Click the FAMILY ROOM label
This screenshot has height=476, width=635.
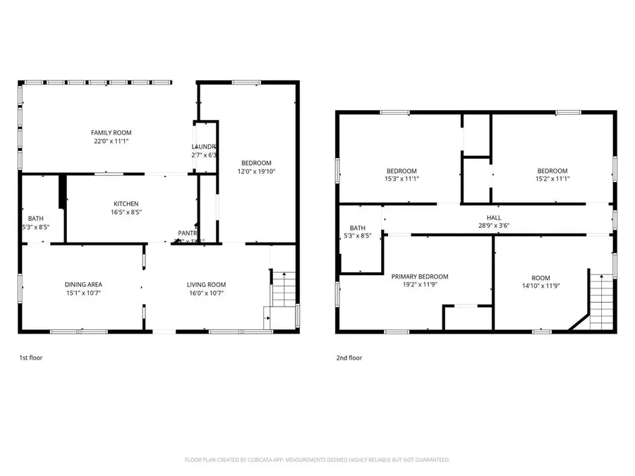(x=111, y=133)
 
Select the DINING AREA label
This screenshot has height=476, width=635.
(x=84, y=284)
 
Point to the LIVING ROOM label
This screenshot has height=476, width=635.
(x=206, y=284)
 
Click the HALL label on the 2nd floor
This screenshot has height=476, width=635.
(x=493, y=218)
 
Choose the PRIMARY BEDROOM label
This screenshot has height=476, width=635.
(x=420, y=277)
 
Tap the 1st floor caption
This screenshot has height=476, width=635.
(x=30, y=358)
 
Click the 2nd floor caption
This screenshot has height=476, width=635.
(x=349, y=358)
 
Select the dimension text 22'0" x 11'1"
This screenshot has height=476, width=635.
(x=111, y=141)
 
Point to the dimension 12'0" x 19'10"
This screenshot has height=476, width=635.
(x=255, y=171)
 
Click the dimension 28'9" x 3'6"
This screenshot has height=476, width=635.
(x=493, y=226)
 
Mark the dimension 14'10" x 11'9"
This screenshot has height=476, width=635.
(x=541, y=286)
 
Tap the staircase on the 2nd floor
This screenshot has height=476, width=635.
(x=600, y=296)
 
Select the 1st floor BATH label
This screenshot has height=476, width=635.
(x=35, y=218)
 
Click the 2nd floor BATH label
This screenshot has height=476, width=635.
(x=358, y=228)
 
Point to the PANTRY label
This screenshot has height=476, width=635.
(x=188, y=233)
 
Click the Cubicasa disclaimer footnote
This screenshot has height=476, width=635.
(x=317, y=460)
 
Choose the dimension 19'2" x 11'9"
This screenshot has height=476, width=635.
(x=420, y=286)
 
